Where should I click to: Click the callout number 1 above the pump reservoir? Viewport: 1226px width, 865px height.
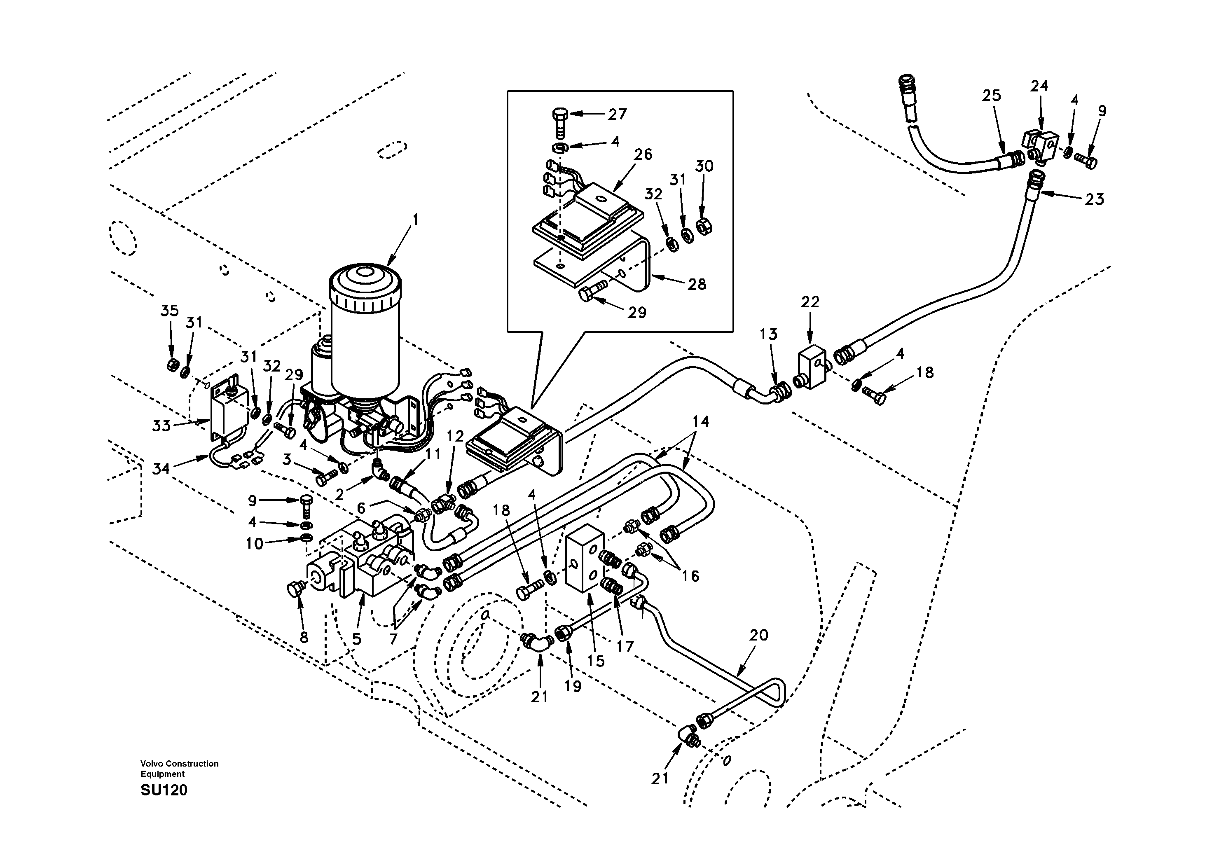(x=415, y=220)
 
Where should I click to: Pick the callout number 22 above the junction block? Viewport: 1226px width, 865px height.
(x=810, y=302)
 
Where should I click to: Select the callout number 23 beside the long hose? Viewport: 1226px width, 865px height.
(x=1094, y=199)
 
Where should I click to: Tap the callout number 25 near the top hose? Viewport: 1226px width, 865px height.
(x=991, y=96)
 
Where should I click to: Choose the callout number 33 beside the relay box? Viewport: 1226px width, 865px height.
(x=161, y=425)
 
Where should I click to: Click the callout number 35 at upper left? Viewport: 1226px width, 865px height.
(x=169, y=311)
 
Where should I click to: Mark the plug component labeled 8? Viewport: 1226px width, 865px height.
(x=294, y=589)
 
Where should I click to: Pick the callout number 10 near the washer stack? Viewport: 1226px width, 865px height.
(x=255, y=544)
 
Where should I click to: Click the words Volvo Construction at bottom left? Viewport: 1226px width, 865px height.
(x=180, y=764)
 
